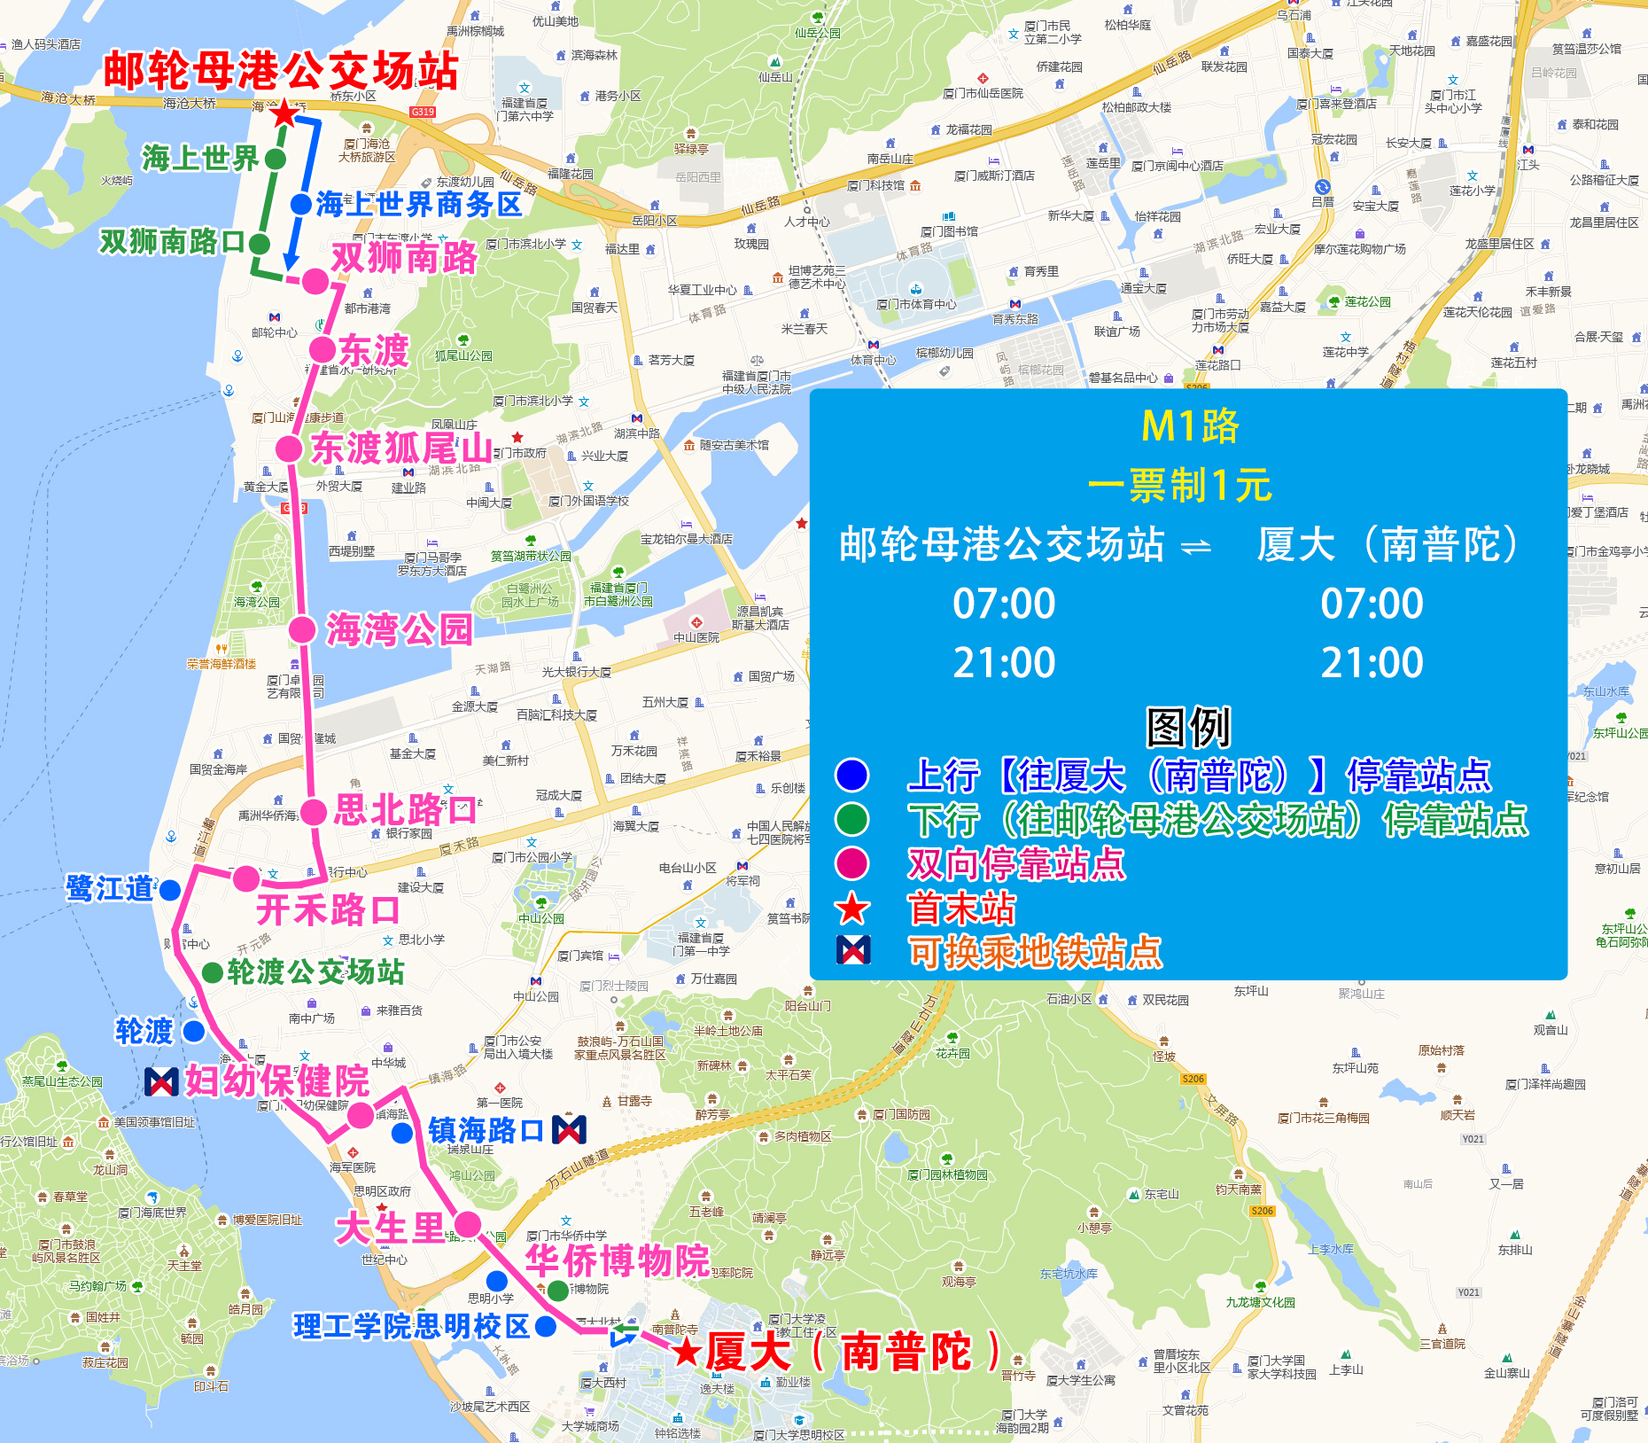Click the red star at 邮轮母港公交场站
pyautogui.click(x=284, y=114)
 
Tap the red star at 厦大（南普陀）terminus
pyautogui.click(x=686, y=1352)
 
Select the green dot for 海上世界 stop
pyautogui.click(x=276, y=159)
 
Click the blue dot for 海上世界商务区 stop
pyautogui.click(x=301, y=204)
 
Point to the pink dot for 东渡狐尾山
pyautogui.click(x=289, y=448)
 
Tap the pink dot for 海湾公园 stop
pyautogui.click(x=302, y=630)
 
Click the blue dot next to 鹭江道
pyautogui.click(x=170, y=890)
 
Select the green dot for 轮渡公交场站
pyautogui.click(x=213, y=972)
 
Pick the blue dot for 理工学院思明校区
pyautogui.click(x=546, y=1326)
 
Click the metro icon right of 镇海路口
pyautogui.click(x=569, y=1129)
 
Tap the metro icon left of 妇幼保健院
pyautogui.click(x=161, y=1081)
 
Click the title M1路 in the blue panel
pyautogui.click(x=1189, y=426)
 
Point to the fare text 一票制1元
pyautogui.click(x=1179, y=486)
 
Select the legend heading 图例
pyautogui.click(x=1188, y=728)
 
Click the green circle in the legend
pyautogui.click(x=852, y=819)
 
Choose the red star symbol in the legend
pyautogui.click(x=852, y=908)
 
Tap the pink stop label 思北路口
pyautogui.click(x=404, y=810)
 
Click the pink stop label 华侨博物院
pyautogui.click(x=618, y=1260)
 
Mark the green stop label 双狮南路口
pyautogui.click(x=171, y=241)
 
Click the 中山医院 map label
pyautogui.click(x=696, y=637)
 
